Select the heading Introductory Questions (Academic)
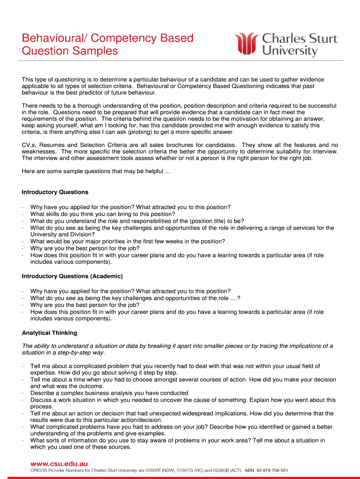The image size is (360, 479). tap(72, 276)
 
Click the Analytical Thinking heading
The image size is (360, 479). tap(50, 333)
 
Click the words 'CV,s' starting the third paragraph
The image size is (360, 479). tap(29, 145)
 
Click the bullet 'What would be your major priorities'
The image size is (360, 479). tap(127, 241)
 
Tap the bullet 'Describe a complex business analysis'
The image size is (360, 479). tap(109, 393)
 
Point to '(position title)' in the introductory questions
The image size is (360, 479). tap(203, 221)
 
